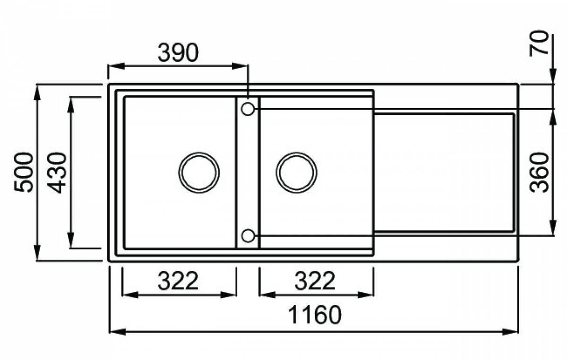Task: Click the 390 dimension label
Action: click(178, 52)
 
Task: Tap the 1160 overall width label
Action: click(315, 315)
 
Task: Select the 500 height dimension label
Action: click(24, 172)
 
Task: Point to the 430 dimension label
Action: click(57, 172)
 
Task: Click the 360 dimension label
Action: click(539, 172)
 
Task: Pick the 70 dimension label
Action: click(539, 43)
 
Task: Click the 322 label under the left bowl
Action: click(178, 281)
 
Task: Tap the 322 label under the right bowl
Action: click(315, 281)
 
